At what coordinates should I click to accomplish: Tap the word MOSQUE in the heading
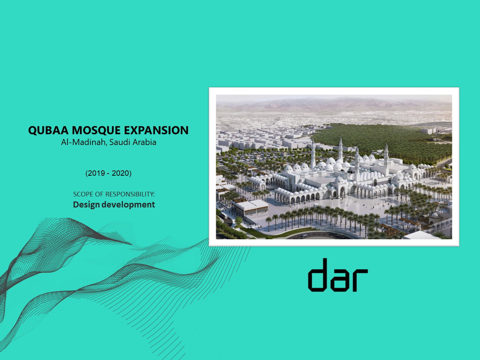tap(92, 130)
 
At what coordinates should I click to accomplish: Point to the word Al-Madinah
tap(84, 142)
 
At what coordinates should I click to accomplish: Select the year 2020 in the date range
tap(120, 173)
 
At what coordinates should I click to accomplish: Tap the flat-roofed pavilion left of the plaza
tap(250, 207)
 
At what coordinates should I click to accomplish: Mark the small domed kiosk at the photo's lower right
tap(434, 216)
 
